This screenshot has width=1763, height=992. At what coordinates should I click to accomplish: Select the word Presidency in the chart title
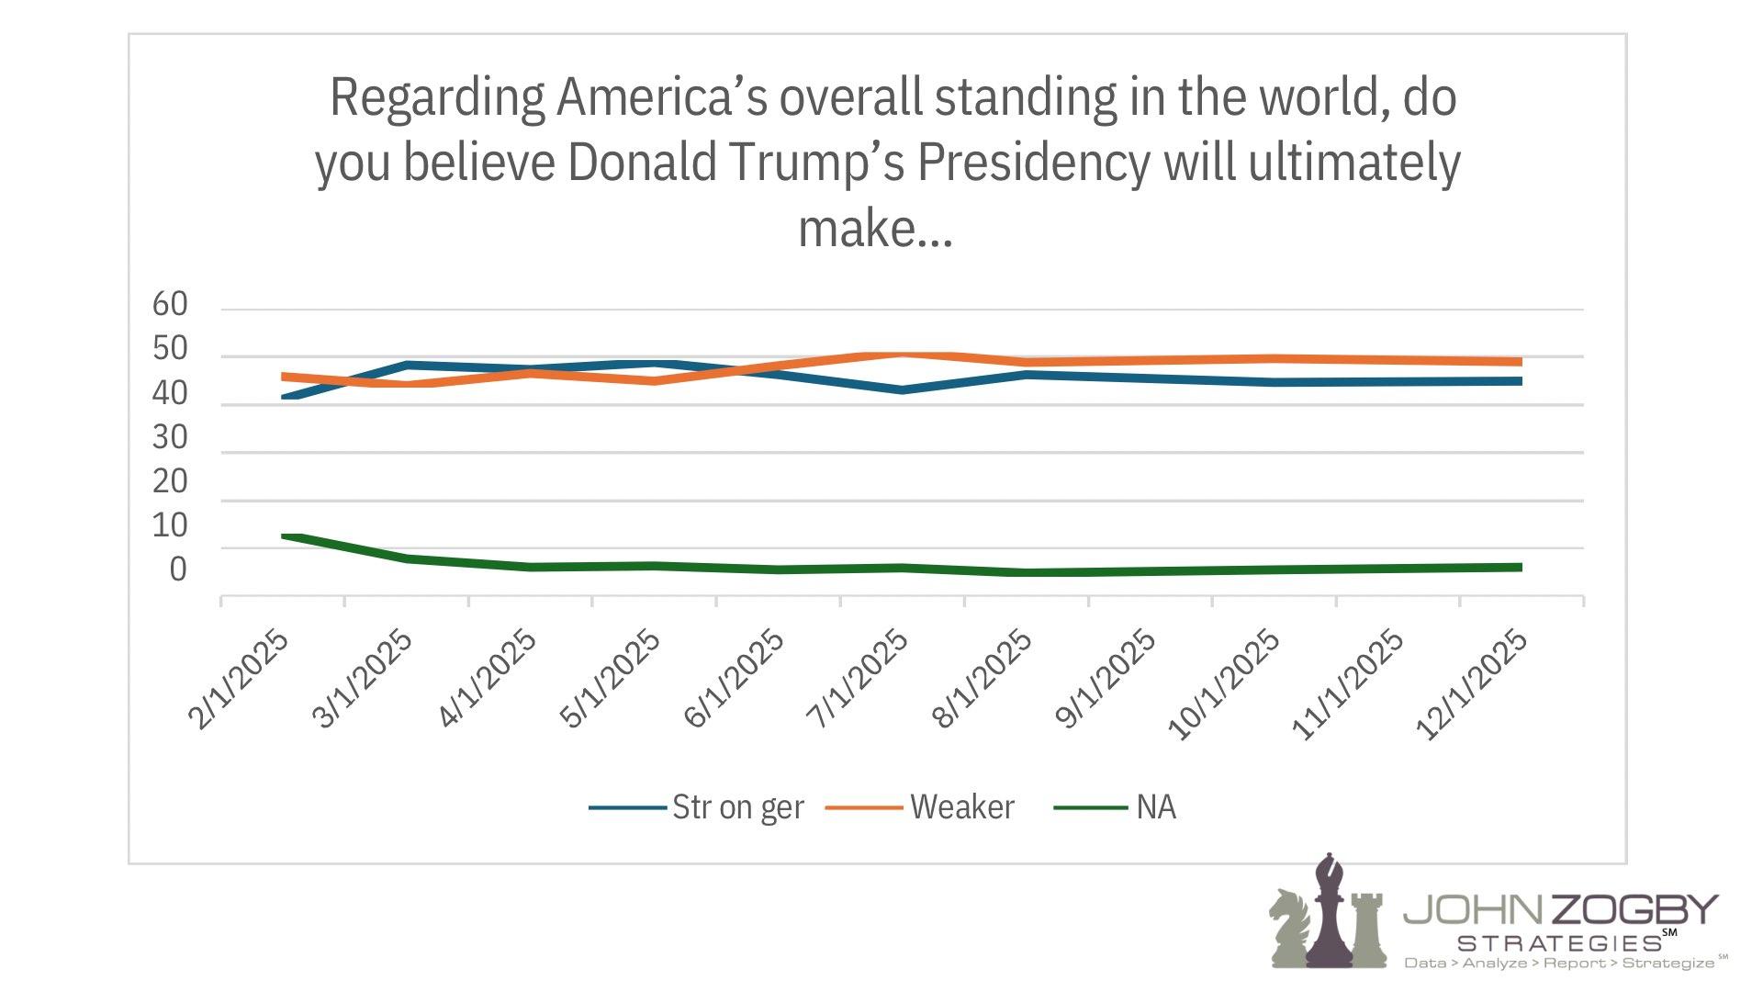[x=1034, y=163]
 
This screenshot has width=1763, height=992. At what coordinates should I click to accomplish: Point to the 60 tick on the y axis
[x=170, y=304]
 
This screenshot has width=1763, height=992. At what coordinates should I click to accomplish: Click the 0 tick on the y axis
[x=178, y=569]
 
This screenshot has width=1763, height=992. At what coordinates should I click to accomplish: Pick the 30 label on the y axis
[x=170, y=437]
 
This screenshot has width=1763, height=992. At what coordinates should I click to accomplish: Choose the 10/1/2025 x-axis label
[x=1223, y=685]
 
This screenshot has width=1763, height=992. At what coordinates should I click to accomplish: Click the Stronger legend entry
[x=737, y=807]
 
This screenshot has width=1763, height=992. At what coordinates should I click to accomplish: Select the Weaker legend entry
[x=961, y=807]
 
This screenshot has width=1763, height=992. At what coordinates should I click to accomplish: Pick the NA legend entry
[x=1155, y=807]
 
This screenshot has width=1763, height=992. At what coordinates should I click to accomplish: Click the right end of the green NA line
[x=1521, y=568]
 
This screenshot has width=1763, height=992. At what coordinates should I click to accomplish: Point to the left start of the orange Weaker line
[x=284, y=377]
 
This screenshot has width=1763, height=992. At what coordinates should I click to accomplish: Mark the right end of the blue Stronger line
[x=1521, y=381]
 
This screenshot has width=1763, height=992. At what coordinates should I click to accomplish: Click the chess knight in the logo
[x=1289, y=928]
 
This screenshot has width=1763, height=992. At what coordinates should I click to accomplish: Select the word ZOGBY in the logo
[x=1634, y=910]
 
